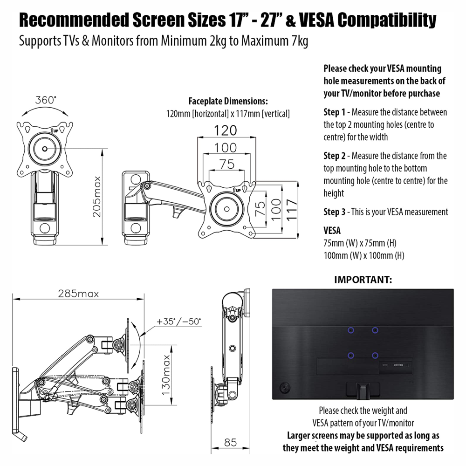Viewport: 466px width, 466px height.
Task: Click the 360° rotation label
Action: [45, 100]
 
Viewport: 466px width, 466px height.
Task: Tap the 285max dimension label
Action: [78, 294]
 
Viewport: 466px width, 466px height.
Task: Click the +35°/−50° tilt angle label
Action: [179, 322]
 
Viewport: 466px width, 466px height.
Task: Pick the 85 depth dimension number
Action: [230, 442]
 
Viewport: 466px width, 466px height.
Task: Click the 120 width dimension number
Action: [226, 130]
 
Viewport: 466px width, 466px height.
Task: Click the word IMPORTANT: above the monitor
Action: [363, 280]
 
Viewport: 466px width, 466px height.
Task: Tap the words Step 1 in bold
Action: [335, 112]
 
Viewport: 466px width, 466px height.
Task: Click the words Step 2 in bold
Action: [335, 156]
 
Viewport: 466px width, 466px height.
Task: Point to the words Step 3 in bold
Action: [335, 212]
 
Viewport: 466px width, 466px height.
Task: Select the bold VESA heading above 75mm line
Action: [332, 231]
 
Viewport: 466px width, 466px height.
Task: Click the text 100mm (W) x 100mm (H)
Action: [363, 255]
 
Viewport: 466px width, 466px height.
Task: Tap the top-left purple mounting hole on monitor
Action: [351, 330]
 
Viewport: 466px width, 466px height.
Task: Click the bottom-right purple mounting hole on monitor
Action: [375, 356]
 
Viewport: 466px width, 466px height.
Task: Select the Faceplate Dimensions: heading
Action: [228, 101]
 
